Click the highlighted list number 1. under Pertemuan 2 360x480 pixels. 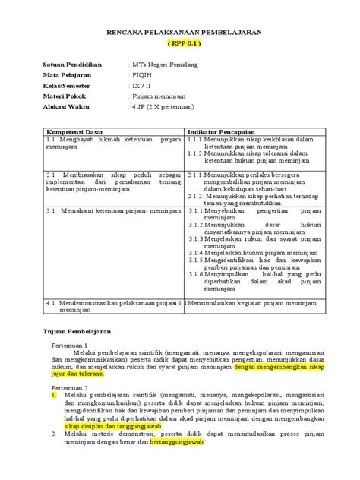pyautogui.click(x=54, y=395)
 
